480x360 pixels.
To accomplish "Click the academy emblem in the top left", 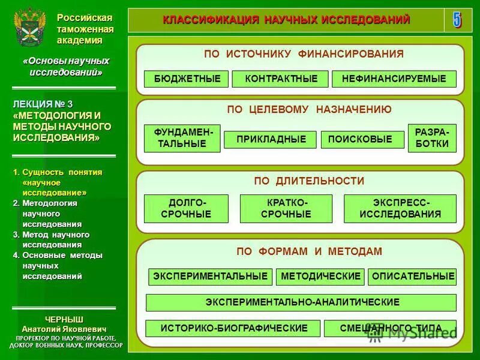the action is tap(29, 28).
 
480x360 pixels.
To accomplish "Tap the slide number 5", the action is tap(457, 20).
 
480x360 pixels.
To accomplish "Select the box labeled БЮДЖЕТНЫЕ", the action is tap(186, 79).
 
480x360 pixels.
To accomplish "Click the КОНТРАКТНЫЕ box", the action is tap(280, 79).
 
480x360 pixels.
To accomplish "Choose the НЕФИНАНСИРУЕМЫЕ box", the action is tap(394, 79).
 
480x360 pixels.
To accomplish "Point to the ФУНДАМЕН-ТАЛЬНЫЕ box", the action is tap(182, 139).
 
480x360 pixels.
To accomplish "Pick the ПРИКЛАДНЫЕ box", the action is tap(270, 140).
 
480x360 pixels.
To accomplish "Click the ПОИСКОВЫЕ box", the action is tap(362, 140).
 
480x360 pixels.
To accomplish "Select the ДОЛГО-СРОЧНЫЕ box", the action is tap(186, 209).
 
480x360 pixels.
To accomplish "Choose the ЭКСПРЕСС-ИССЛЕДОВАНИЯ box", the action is tap(400, 209).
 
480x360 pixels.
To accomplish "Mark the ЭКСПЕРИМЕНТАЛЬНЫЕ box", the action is tap(210, 277).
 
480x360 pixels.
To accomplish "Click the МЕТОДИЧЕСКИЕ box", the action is tap(320, 277).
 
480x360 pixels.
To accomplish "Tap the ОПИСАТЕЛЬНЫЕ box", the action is tap(412, 277).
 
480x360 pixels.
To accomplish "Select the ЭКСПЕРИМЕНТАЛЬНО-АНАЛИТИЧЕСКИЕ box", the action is tap(301, 302).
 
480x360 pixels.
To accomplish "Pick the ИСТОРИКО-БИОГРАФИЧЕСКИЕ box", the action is tap(233, 328).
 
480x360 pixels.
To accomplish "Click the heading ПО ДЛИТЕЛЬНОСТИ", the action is tap(300, 181).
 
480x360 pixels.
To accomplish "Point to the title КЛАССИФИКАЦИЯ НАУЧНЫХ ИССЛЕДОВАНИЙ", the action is tap(286, 20).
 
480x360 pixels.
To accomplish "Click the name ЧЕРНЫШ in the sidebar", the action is tap(64, 319).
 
